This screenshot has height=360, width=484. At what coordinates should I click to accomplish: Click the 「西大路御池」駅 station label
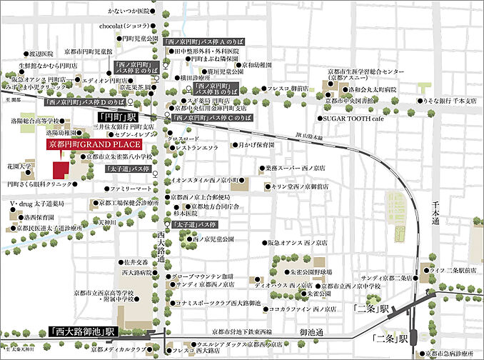point(81,331)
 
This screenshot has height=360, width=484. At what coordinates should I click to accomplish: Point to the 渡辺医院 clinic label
point(41,54)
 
